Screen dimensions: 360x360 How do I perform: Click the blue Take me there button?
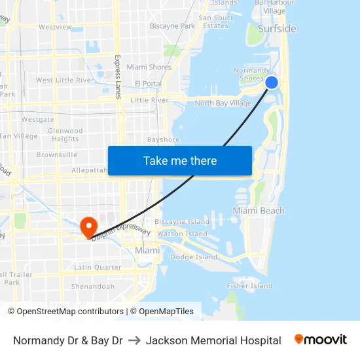[x=179, y=161]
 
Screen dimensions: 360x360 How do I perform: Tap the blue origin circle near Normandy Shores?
[x=272, y=82]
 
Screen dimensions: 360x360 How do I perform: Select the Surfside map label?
[x=277, y=29]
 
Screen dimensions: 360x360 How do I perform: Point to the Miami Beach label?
[x=259, y=211]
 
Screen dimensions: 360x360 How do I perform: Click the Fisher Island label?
[x=249, y=286]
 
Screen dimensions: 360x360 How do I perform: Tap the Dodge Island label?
[x=193, y=257]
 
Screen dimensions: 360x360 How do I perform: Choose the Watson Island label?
[x=182, y=234]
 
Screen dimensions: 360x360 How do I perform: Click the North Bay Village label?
[x=223, y=103]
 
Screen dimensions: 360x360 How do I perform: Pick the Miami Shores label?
[x=149, y=67]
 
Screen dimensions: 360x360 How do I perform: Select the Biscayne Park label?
[x=172, y=26]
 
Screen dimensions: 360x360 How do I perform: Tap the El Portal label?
[x=148, y=84]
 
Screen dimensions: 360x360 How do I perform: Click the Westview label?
[x=55, y=27]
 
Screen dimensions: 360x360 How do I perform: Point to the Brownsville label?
[x=56, y=155]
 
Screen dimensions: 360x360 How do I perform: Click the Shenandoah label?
[x=92, y=287]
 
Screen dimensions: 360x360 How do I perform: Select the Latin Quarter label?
[x=97, y=267]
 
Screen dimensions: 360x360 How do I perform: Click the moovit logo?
[x=320, y=340]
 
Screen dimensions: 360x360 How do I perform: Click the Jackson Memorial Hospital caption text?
[x=213, y=340]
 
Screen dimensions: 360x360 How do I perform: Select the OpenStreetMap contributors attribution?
[x=70, y=312]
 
